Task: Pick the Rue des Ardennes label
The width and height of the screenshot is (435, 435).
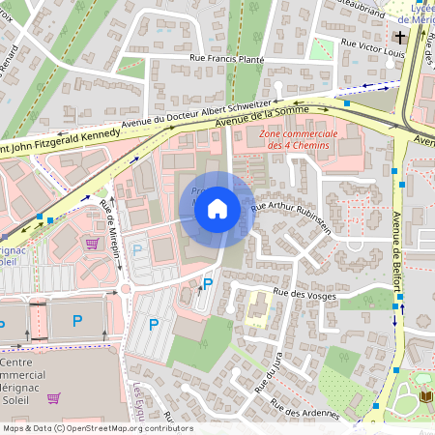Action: (304, 409)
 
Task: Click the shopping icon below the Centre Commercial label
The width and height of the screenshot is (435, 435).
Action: (54, 397)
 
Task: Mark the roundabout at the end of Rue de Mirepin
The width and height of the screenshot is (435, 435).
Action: (126, 288)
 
